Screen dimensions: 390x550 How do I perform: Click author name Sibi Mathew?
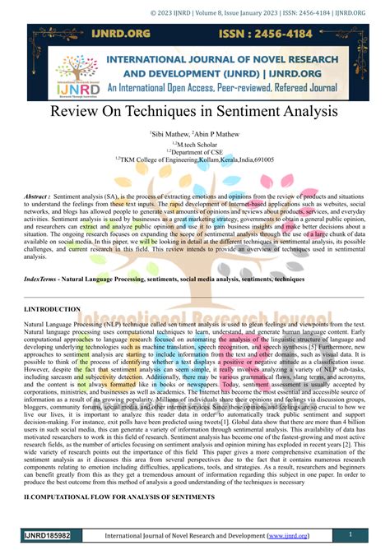169,132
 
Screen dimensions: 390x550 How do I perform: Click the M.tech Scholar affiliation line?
194,142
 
